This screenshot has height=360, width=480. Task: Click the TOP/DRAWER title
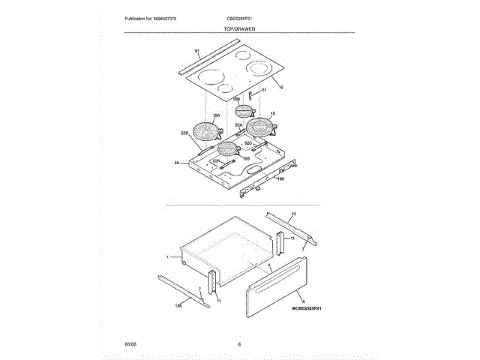click(x=239, y=28)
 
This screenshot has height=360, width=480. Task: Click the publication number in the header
click(x=156, y=18)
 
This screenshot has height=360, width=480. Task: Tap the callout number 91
click(x=197, y=52)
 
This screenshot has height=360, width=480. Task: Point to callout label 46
click(x=177, y=163)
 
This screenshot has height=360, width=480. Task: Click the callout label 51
click(x=264, y=90)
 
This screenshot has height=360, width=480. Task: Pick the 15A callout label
click(x=216, y=115)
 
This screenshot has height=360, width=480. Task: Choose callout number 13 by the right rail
click(x=293, y=214)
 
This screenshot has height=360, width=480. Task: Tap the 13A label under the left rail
click(x=178, y=305)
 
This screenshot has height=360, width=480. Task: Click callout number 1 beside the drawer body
click(x=169, y=256)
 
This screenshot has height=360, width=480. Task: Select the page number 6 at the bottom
click(x=239, y=343)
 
